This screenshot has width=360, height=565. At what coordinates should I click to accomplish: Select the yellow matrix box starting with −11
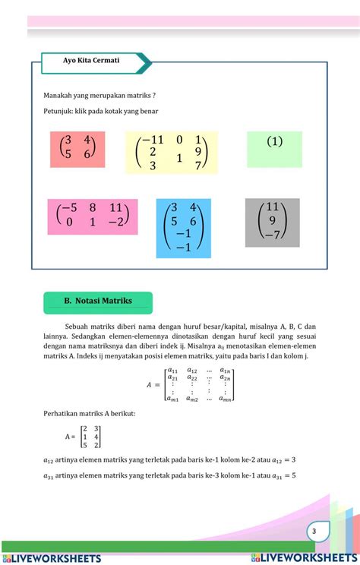pyautogui.click(x=171, y=153)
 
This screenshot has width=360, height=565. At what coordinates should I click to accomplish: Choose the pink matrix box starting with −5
pyautogui.click(x=93, y=216)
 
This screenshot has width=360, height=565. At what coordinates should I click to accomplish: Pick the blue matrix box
pyautogui.click(x=183, y=228)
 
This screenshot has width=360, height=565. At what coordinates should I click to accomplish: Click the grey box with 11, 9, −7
pyautogui.click(x=273, y=223)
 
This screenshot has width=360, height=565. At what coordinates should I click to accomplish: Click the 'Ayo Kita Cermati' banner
pyautogui.click(x=91, y=62)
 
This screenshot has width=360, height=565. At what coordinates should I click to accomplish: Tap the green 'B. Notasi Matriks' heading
pyautogui.click(x=98, y=301)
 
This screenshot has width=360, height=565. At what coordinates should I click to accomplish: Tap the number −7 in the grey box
pyautogui.click(x=273, y=235)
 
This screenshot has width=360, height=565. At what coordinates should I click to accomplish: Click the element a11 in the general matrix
pyautogui.click(x=173, y=370)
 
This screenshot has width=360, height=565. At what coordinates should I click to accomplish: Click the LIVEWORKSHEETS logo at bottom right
pyautogui.click(x=304, y=557)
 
